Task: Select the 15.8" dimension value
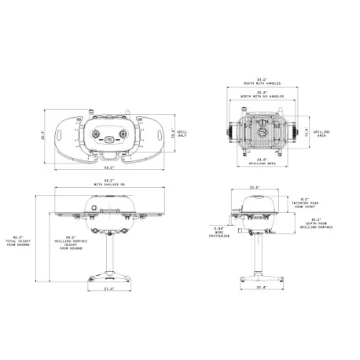[x=307, y=133]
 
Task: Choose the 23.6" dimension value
[x=253, y=187]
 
